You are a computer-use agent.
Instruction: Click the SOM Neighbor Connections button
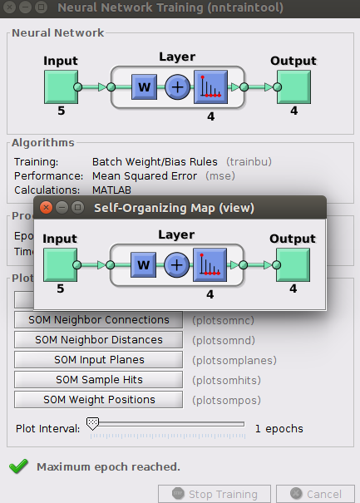click(98, 320)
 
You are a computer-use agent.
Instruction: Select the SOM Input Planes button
click(98, 360)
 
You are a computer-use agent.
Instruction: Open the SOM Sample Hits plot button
click(98, 379)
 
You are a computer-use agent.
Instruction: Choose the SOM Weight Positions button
click(98, 399)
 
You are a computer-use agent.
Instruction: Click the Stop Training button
click(215, 494)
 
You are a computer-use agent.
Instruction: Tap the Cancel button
click(315, 494)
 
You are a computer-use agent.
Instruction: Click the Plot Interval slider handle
click(93, 424)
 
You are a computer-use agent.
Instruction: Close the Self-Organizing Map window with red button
click(47, 208)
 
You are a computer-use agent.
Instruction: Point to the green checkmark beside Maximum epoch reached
click(18, 466)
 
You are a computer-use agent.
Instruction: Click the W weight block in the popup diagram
click(144, 265)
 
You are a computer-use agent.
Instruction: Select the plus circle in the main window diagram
click(177, 87)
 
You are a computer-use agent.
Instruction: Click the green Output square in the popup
click(293, 265)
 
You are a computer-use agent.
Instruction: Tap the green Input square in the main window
click(61, 87)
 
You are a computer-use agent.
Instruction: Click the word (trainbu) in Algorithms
click(249, 161)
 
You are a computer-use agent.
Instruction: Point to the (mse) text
click(220, 175)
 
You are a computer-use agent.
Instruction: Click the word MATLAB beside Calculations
click(111, 190)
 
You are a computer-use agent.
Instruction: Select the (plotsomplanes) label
click(234, 360)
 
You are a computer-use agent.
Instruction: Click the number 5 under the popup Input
click(61, 288)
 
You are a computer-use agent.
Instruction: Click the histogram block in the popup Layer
click(210, 265)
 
